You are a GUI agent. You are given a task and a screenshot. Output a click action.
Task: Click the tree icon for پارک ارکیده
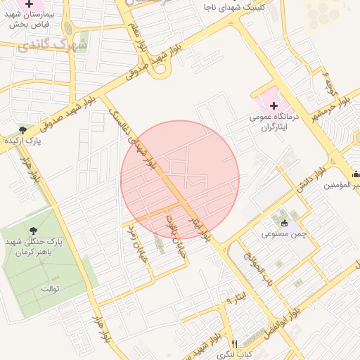coord(23,130)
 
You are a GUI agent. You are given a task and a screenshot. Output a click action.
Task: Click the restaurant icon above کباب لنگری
coord(235,344)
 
